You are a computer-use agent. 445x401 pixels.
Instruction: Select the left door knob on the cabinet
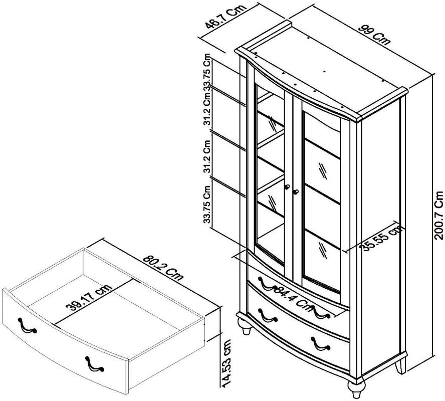coord(287,187)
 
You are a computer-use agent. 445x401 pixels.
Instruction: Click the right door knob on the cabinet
coord(296,191)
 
